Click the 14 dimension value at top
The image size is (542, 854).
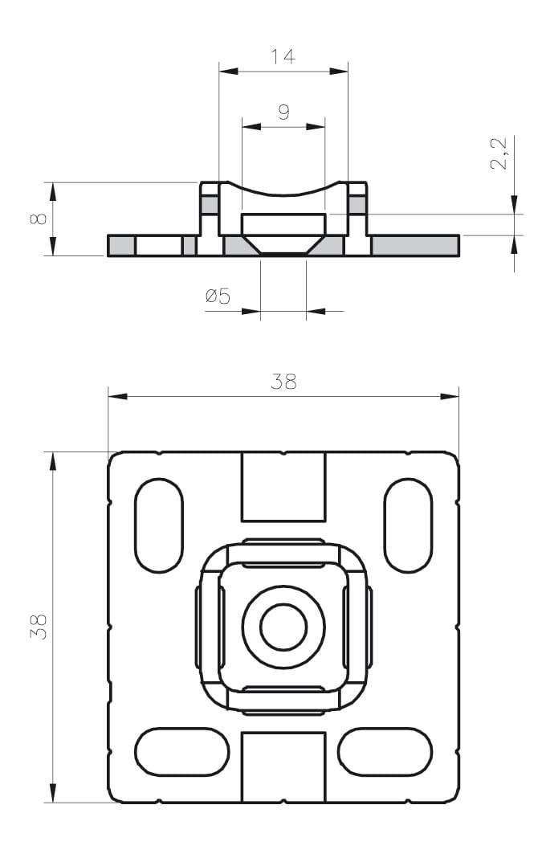coord(283,56)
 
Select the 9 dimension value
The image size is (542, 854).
coord(283,112)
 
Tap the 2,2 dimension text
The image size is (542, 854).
coord(499,153)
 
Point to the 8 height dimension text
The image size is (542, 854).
coord(39,219)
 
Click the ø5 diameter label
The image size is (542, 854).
coord(218,296)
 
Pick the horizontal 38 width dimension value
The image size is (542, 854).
coord(283,382)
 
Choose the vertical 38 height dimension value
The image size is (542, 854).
coord(39,627)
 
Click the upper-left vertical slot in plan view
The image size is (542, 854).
coord(159,525)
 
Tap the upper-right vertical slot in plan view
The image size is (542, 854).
coord(408,525)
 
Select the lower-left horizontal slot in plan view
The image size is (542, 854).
coord(181,752)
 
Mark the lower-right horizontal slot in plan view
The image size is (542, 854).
coord(385,752)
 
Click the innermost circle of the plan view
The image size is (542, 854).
coord(283,627)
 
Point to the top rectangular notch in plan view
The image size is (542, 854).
coord(283,487)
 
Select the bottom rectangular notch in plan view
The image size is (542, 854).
coord(283,767)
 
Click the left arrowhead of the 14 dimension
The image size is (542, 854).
coord(229,71)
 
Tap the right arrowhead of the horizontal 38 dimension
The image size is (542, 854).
coord(450,397)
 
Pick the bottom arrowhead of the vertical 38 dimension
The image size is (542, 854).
coord(53,792)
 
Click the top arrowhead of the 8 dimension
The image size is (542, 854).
coord(53,192)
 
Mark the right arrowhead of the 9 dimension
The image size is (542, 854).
coord(316,127)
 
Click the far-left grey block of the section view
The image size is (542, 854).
coord(120,246)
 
